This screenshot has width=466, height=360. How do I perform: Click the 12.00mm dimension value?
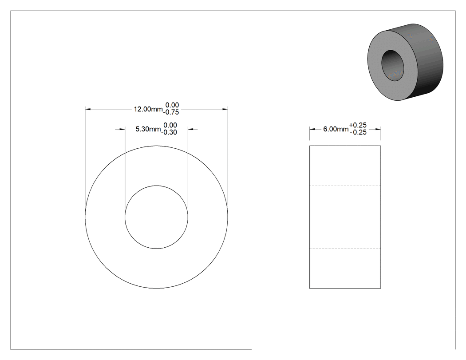(x=148, y=109)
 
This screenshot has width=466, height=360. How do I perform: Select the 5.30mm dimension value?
(x=148, y=129)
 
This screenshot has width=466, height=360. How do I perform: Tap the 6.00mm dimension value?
(x=336, y=129)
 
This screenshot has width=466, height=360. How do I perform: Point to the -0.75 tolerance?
(x=171, y=112)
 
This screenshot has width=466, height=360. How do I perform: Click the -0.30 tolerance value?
(x=169, y=132)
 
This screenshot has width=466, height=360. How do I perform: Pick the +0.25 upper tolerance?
(x=358, y=125)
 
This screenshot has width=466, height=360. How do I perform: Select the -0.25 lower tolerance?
(x=358, y=132)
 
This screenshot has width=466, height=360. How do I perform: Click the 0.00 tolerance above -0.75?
(x=172, y=105)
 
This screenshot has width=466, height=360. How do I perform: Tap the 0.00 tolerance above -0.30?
(x=170, y=125)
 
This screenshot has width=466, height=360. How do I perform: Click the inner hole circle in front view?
(x=156, y=186)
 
